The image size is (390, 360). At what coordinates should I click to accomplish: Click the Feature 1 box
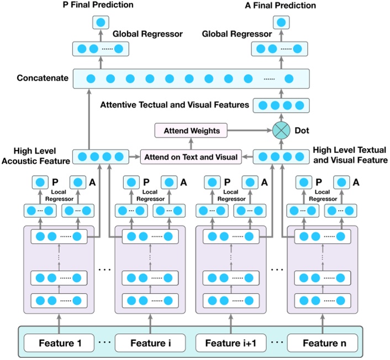click(60, 343)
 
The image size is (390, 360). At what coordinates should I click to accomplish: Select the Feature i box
click(150, 343)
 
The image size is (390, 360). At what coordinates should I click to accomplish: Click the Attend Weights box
click(191, 131)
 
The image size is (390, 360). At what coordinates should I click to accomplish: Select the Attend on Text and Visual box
click(191, 157)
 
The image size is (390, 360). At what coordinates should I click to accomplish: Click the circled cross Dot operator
click(281, 131)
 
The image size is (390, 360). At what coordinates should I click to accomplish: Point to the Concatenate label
click(36, 78)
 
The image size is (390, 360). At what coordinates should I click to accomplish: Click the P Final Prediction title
click(99, 6)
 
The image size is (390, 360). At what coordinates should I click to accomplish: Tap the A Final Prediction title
click(281, 6)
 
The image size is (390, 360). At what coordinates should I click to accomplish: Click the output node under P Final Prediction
click(101, 23)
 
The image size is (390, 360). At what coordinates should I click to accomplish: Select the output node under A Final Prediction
click(281, 23)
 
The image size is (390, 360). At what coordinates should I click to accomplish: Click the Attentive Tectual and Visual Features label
click(173, 104)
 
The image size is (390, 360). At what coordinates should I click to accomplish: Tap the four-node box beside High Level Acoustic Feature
click(101, 157)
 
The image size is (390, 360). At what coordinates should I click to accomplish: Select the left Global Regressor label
click(147, 34)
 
